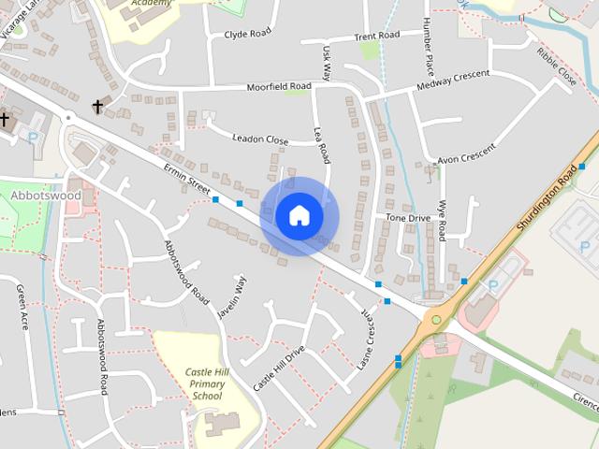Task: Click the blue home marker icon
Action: tap(299, 216)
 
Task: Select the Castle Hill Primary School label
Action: tap(207, 384)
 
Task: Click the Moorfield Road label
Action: tap(278, 86)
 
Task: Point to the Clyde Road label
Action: tap(247, 35)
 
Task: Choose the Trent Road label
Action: tap(376, 36)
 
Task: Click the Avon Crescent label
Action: tap(465, 151)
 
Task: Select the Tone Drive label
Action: tap(408, 217)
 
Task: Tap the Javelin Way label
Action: tap(232, 298)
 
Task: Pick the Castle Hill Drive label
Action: tap(279, 369)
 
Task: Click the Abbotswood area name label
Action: tap(47, 196)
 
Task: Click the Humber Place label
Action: tap(428, 47)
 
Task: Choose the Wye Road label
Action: tap(442, 219)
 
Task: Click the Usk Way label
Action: tap(326, 62)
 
